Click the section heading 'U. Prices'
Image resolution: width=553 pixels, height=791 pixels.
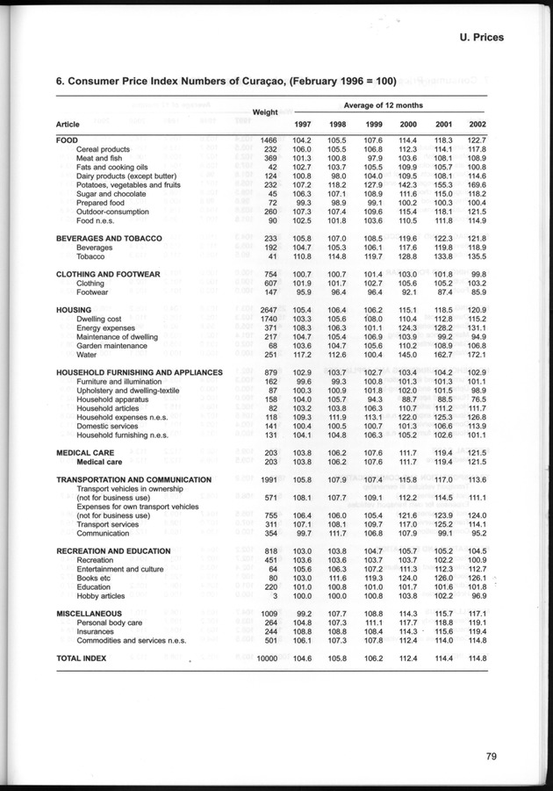[x=494, y=38]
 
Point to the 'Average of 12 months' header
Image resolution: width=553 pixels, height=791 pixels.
[x=383, y=105]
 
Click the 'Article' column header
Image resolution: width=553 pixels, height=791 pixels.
[x=70, y=124]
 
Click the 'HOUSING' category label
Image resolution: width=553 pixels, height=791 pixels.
[x=74, y=310]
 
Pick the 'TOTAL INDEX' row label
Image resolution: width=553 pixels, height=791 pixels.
[x=81, y=658]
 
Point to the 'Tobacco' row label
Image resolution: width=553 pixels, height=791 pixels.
[x=92, y=257]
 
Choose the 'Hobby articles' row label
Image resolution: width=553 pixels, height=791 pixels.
[x=101, y=596]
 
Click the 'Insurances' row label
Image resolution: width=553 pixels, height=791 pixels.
[x=96, y=632]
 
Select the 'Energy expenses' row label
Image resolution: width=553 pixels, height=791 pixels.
[x=105, y=328]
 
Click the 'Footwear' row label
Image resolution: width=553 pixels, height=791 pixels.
[x=93, y=292]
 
